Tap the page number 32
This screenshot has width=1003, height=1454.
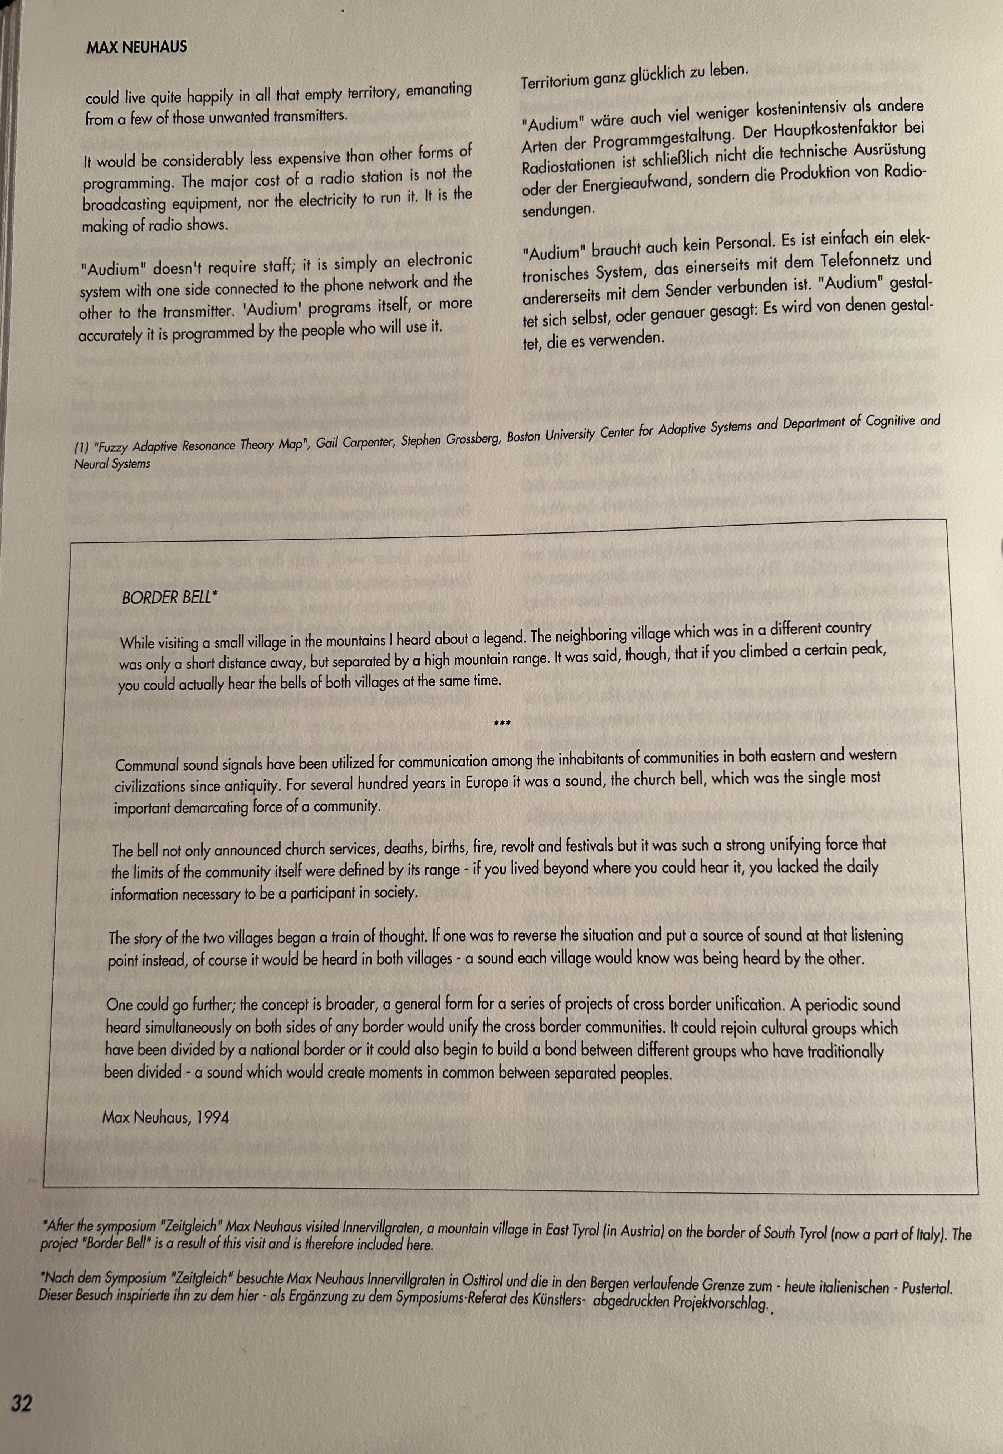[21, 1403]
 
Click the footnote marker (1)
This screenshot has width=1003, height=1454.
[81, 448]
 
